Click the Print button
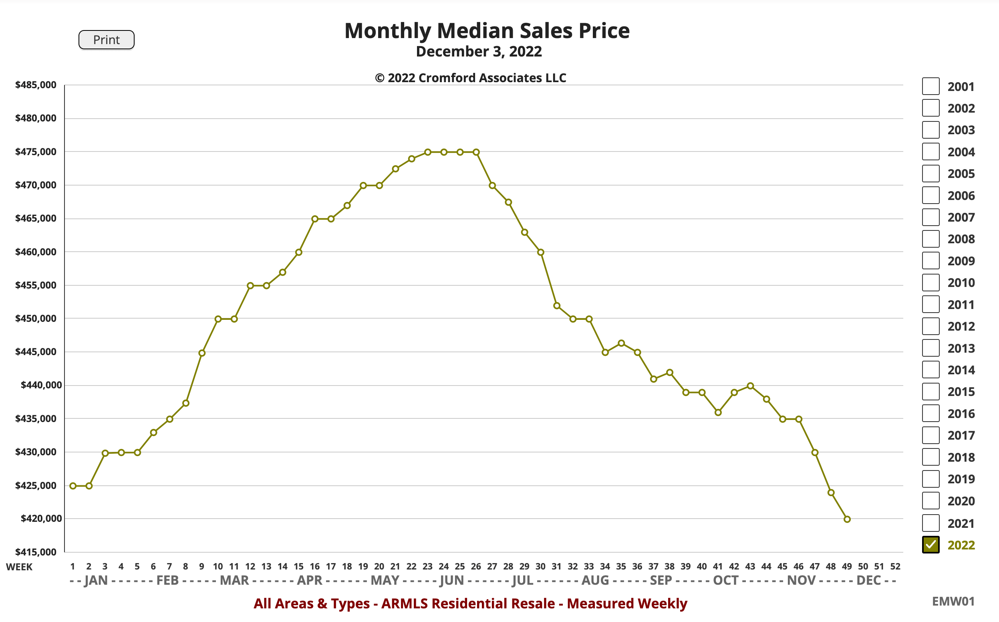point(106,40)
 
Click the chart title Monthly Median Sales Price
point(487,31)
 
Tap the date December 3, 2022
point(479,52)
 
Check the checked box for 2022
point(931,545)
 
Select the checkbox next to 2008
point(931,238)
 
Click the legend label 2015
point(961,392)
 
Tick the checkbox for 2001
point(931,86)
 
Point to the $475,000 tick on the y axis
point(36,152)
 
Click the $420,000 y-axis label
point(38,518)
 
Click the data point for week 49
point(847,519)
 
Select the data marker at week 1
point(73,486)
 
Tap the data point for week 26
point(476,152)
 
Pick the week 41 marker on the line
point(718,412)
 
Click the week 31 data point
point(557,306)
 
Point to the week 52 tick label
point(895,566)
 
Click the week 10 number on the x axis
point(218,566)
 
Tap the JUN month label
point(451,580)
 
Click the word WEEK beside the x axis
point(19,567)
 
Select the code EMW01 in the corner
point(953,602)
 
